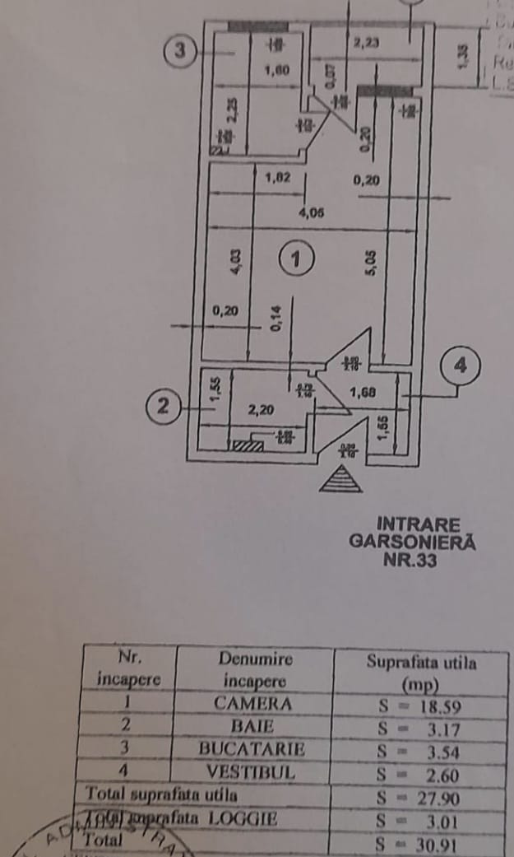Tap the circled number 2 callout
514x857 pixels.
[x=164, y=406]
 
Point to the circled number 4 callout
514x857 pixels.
[x=459, y=366]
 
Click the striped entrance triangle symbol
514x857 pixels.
[x=340, y=478]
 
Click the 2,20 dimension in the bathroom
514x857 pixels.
[x=262, y=408]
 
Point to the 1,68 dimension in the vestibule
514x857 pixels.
[x=363, y=393]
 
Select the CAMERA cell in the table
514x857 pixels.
[x=252, y=704]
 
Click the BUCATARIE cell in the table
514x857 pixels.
[x=252, y=750]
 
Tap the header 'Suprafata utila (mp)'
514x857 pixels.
[x=421, y=672]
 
